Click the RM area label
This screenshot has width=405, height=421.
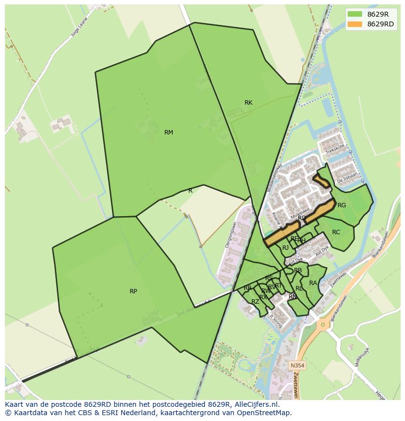pyautogui.click(x=169, y=133)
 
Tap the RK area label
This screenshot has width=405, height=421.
pyautogui.click(x=248, y=103)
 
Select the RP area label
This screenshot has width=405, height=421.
pyautogui.click(x=133, y=291)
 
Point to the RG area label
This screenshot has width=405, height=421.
pyautogui.click(x=341, y=205)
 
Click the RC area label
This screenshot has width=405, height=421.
pyautogui.click(x=336, y=232)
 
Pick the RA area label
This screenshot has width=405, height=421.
pyautogui.click(x=313, y=283)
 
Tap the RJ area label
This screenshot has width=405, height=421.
pyautogui.click(x=285, y=248)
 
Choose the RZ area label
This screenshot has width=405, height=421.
pyautogui.click(x=255, y=302)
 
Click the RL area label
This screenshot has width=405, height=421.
pyautogui.click(x=299, y=288)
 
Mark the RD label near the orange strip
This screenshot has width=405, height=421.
pyautogui.click(x=302, y=218)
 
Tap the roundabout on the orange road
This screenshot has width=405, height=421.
pyautogui.click(x=322, y=324)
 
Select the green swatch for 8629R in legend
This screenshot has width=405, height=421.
pyautogui.click(x=355, y=14)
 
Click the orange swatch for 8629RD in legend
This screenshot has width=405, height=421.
pyautogui.click(x=355, y=24)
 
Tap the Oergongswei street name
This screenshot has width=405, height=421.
pyautogui.click(x=230, y=235)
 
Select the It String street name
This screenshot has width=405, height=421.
pyautogui.click(x=276, y=321)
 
